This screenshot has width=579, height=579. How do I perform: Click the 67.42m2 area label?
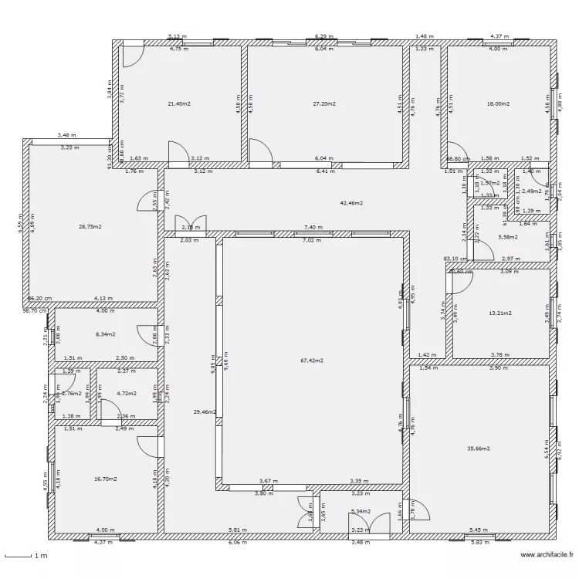(313, 361)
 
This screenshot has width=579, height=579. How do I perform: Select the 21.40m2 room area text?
(180, 103)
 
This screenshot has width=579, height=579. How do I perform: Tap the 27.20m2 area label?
(324, 103)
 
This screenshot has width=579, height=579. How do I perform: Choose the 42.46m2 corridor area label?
(351, 203)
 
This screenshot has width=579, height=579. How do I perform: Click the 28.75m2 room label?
(90, 227)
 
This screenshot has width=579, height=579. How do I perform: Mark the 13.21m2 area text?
(501, 314)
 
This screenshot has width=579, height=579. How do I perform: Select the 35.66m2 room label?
(479, 448)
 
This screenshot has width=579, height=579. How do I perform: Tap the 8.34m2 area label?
(106, 335)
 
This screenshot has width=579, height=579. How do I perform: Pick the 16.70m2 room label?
(105, 479)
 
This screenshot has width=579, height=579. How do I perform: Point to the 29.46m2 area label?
(205, 413)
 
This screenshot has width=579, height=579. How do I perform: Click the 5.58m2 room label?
(507, 237)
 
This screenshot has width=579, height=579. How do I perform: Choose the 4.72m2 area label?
(126, 394)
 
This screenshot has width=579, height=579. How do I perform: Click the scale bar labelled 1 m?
(28, 556)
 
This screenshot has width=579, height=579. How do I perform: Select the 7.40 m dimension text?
(313, 228)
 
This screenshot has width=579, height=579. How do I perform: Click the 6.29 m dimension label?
(322, 36)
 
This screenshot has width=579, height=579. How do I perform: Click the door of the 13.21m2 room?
(457, 279)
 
